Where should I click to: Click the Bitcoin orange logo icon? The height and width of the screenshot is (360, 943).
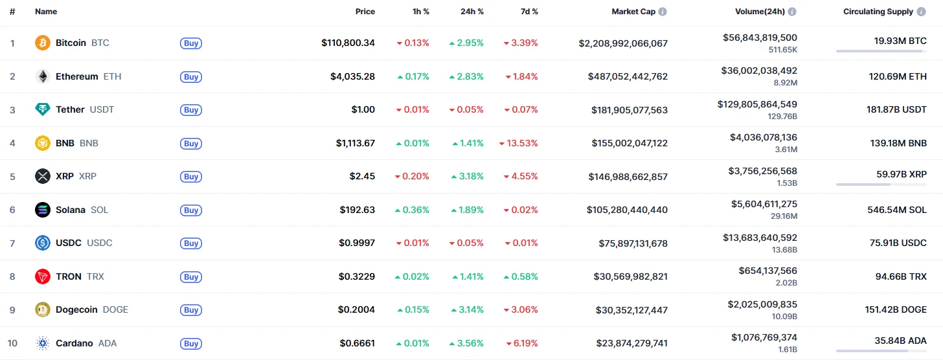(x=42, y=43)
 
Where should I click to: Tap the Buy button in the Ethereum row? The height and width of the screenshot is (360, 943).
(x=191, y=77)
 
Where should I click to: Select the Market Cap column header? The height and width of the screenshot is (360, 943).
(x=633, y=12)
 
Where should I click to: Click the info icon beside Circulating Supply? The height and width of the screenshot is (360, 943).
(x=921, y=12)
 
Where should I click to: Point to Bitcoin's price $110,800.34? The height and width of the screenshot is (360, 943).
(x=348, y=43)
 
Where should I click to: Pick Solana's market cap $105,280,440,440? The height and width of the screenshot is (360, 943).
(x=627, y=210)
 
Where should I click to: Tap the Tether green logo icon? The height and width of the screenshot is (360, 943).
(x=42, y=110)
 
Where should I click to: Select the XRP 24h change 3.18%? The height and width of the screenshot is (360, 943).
(x=466, y=177)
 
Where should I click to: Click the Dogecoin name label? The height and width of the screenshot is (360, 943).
(x=76, y=309)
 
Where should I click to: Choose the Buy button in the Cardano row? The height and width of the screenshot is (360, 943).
(x=191, y=344)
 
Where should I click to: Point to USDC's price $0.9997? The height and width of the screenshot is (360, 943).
(x=356, y=243)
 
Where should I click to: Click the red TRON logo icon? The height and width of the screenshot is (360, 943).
(x=42, y=276)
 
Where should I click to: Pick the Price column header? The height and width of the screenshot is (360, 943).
(x=365, y=12)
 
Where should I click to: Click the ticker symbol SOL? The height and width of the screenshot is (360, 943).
(x=99, y=210)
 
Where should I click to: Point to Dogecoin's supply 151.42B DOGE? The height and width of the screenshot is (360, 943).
(x=896, y=309)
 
